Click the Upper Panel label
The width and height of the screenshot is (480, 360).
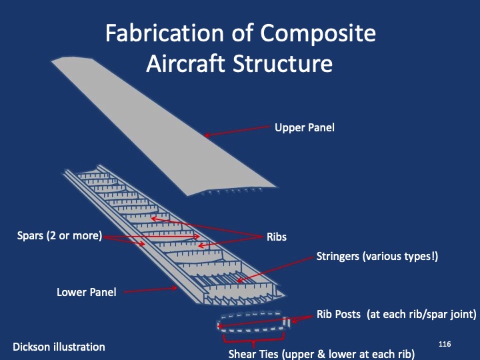tap(304, 127)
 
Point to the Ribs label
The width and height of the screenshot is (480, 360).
tap(277, 237)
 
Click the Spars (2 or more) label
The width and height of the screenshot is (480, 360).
tap(59, 235)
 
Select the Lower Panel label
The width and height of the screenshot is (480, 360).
tap(86, 292)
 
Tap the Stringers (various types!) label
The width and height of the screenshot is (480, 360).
tap(377, 256)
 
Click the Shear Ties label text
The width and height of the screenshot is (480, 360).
tap(321, 353)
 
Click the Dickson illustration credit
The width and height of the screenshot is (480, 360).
tap(59, 347)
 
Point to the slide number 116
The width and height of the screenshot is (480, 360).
tap(445, 343)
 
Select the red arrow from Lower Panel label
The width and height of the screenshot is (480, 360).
tap(150, 290)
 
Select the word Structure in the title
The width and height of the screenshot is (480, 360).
tap(280, 64)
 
